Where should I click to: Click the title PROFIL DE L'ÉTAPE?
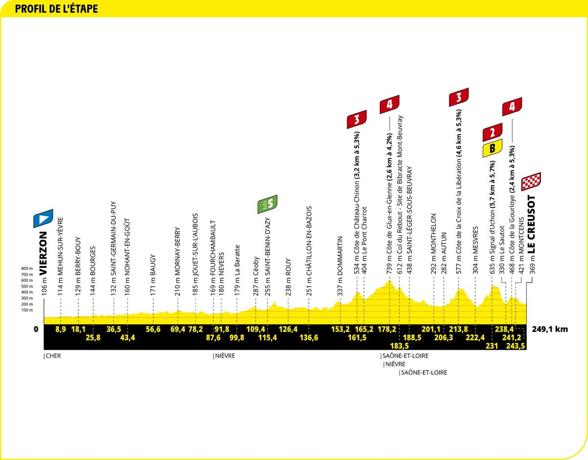pos(56,9)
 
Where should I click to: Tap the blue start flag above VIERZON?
pos(43,218)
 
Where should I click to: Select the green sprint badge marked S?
pos(268,204)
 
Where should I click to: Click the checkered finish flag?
pos(531,181)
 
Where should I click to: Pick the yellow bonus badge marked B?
pos(492,148)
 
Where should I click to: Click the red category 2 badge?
pos(492,132)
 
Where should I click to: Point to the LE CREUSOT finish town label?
pos(532,224)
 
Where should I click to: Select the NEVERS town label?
pos(221,264)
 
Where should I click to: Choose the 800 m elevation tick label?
pos(27,268)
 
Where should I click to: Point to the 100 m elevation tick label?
pos(27,310)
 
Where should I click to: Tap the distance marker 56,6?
pos(153,329)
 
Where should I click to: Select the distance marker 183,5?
pos(399,346)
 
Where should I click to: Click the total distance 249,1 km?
pos(550,329)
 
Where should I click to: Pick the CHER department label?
pos(53,356)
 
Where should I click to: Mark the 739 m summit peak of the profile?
pos(390,281)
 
